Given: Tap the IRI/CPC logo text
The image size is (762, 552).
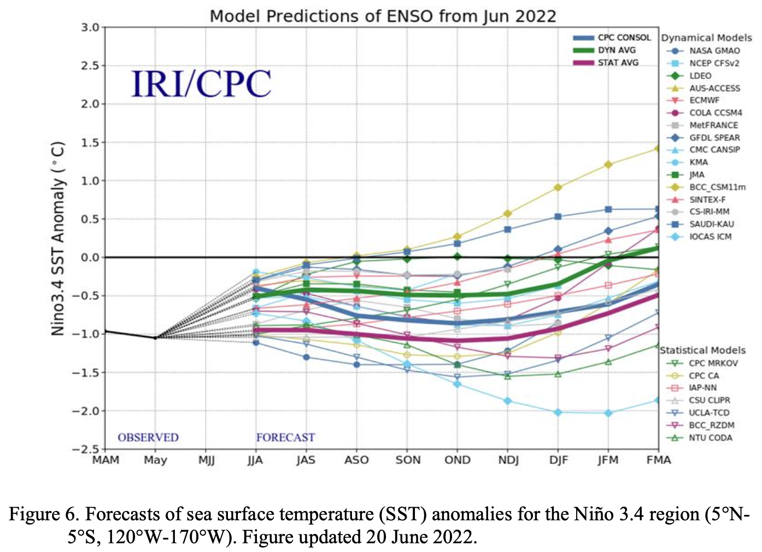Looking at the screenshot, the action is (x=201, y=83).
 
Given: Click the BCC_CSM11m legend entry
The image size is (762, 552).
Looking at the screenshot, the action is (x=706, y=187).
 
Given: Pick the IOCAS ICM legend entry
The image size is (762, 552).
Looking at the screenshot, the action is (x=699, y=237).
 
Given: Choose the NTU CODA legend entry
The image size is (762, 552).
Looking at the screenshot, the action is (x=699, y=438).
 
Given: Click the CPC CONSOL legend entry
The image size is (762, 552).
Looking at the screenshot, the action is (x=612, y=38).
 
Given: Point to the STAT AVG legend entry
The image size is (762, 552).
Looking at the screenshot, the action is (x=606, y=63).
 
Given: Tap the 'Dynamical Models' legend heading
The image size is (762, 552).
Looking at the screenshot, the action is (x=706, y=38).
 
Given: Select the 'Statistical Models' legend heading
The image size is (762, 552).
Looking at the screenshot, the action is (x=702, y=350).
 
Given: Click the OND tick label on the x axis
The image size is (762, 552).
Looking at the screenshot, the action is (x=458, y=460).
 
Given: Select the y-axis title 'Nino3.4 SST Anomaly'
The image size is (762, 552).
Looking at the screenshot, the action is (x=57, y=238).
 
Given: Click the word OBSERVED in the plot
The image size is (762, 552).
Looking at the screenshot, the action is (x=148, y=437).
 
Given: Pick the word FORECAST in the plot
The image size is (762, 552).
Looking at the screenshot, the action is (x=286, y=437).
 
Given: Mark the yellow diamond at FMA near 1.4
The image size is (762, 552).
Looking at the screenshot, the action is (x=658, y=149).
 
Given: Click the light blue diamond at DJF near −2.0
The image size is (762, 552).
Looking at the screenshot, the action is (x=558, y=413).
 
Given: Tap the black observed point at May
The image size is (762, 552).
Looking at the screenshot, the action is (x=155, y=338).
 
